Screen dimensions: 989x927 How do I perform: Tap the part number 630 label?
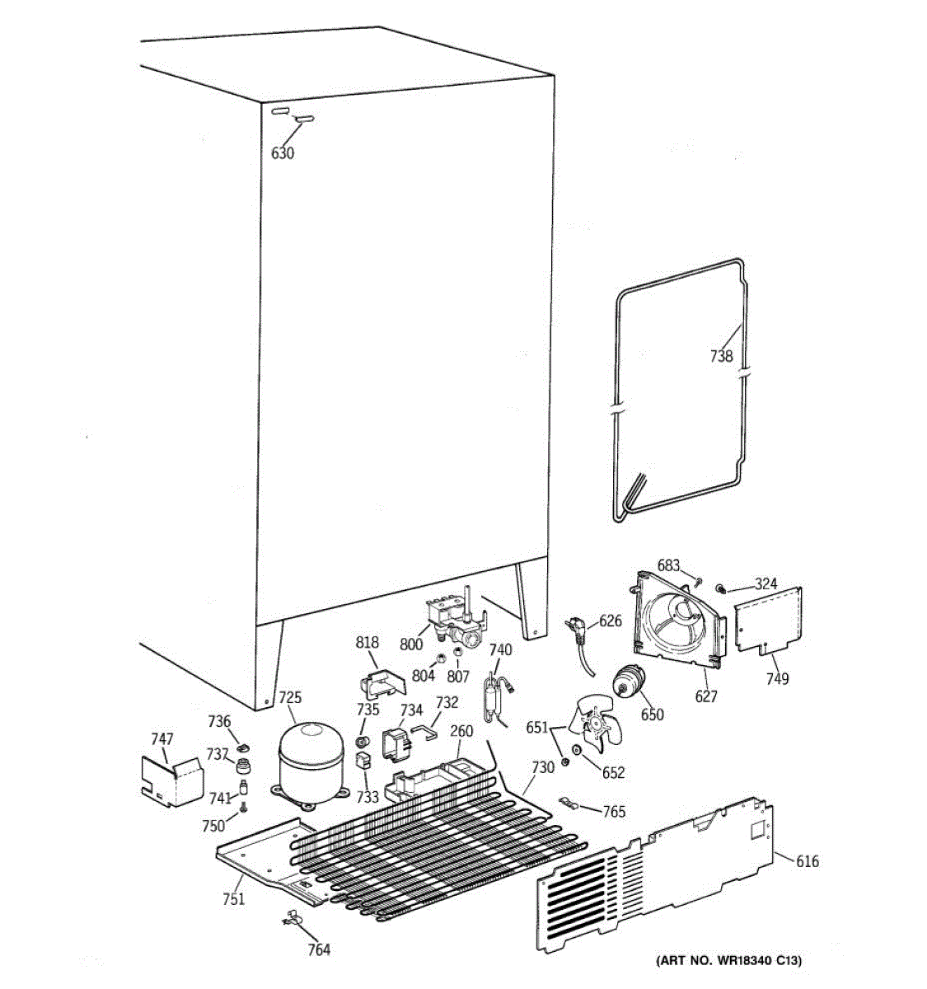[x=283, y=152]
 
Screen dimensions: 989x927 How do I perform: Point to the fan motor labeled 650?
[x=629, y=681]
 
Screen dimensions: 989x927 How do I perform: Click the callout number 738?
[x=721, y=357]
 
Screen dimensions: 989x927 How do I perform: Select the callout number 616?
[x=808, y=861]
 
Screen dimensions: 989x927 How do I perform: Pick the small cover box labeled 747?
[x=171, y=778]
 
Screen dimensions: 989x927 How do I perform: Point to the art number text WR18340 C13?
[x=728, y=961]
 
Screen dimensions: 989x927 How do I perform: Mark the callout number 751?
[x=233, y=899]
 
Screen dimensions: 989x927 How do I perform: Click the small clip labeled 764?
[x=292, y=918]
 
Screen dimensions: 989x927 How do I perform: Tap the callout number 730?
[x=542, y=766]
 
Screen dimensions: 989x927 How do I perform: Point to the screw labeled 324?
[x=720, y=588]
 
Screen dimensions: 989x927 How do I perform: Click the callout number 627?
[x=706, y=696]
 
